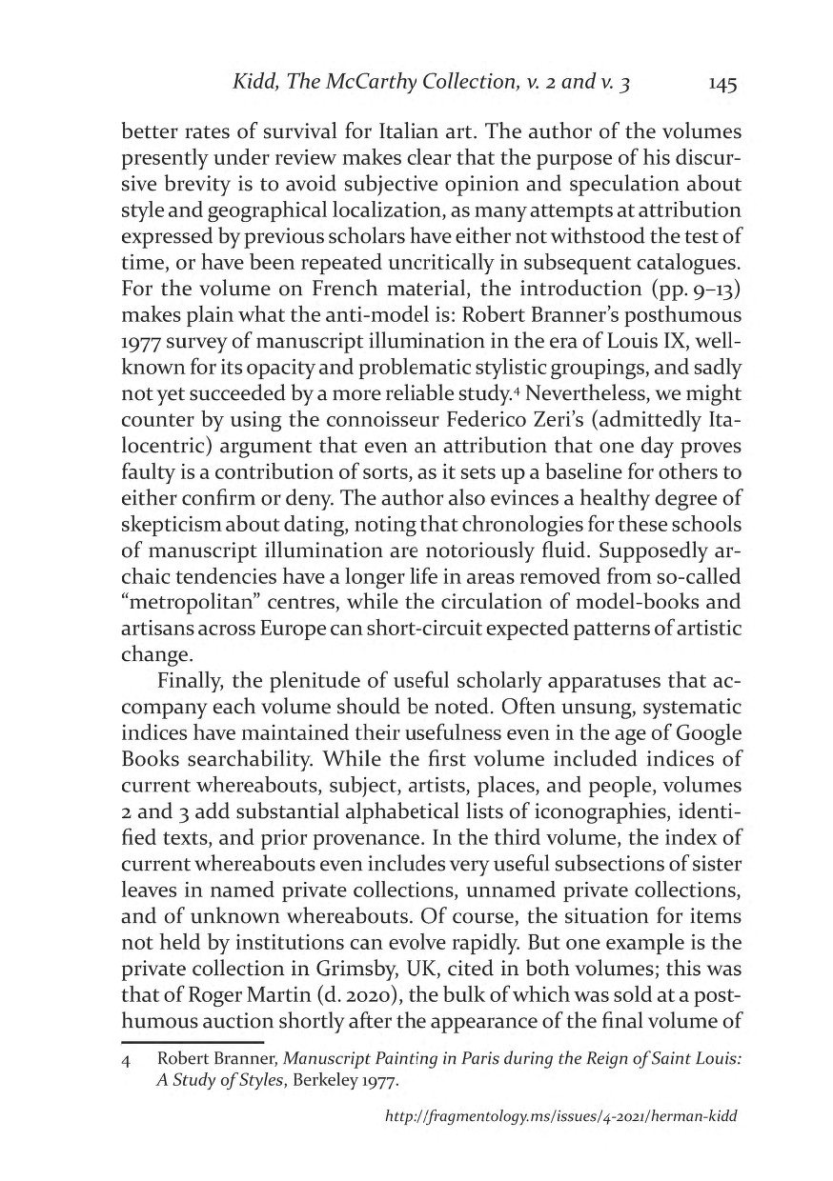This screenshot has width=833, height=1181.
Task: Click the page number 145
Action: point(721,85)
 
